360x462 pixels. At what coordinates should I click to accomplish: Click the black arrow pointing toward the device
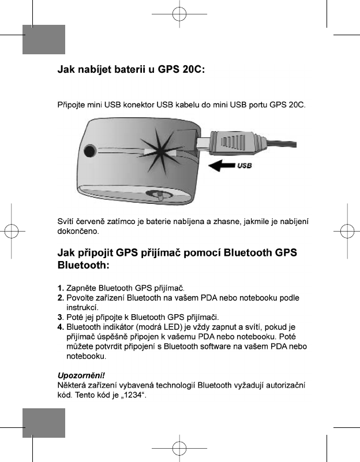pos(220,166)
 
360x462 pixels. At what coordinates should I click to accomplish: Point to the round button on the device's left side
pos(89,152)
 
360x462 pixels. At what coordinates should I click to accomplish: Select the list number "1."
pos(61,288)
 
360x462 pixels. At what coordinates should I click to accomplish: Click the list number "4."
pos(61,327)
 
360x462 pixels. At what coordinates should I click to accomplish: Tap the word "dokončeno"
pos(78,231)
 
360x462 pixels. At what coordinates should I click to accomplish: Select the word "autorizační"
pos(285,385)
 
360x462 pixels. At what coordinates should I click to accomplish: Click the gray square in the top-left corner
pos(44,39)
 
